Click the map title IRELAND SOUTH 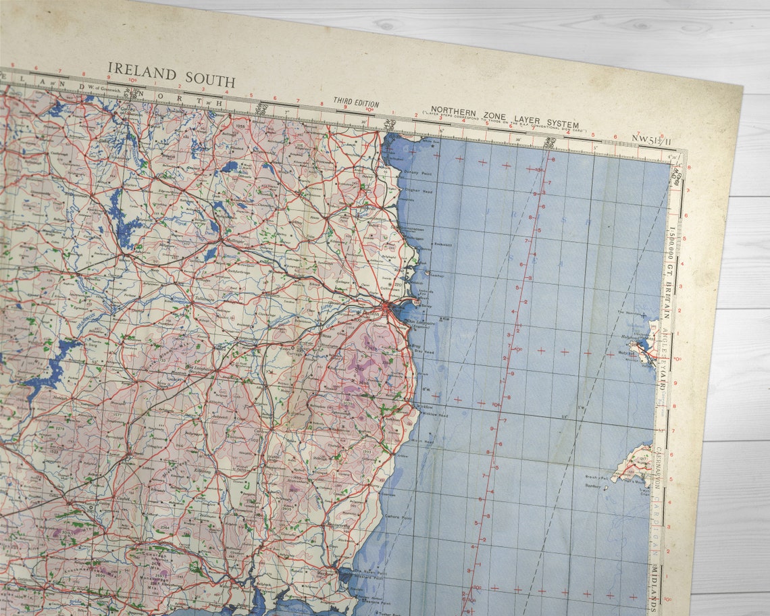tap(172, 74)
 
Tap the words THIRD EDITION tap(356, 102)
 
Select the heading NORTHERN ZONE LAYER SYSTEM tap(505, 119)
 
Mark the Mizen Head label tap(425, 442)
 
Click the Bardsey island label tap(594, 485)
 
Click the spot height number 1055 tap(241, 126)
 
